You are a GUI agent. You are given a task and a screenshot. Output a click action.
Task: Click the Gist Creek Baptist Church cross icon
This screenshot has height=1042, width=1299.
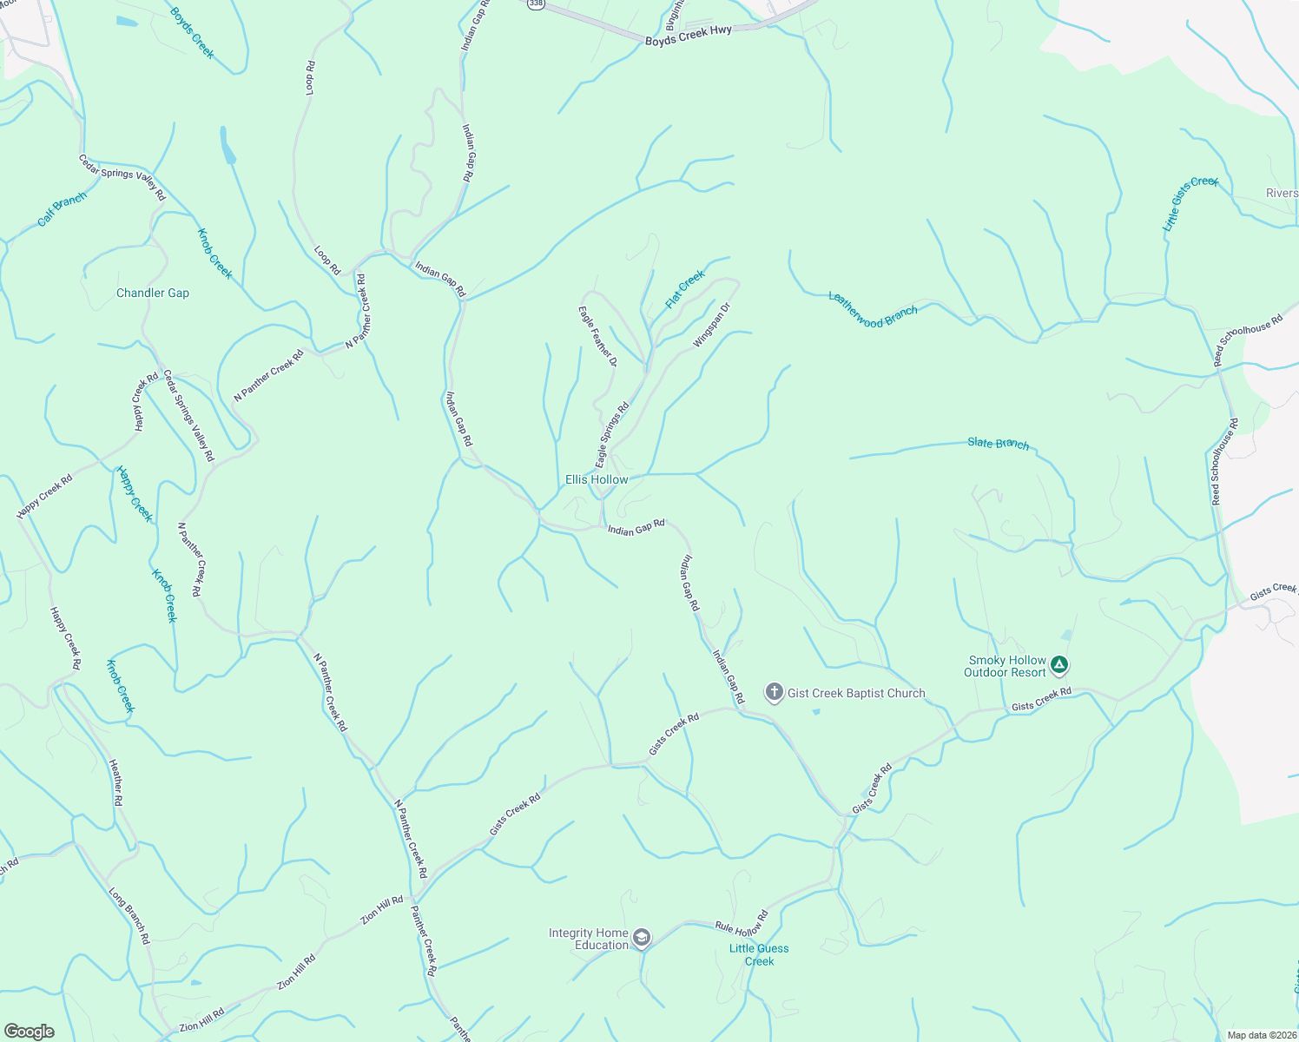pos(774,692)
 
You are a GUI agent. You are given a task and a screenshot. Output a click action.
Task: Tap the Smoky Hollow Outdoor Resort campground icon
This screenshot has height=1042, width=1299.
pos(1058,666)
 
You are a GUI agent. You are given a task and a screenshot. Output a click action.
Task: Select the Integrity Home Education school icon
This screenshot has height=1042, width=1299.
pos(641,938)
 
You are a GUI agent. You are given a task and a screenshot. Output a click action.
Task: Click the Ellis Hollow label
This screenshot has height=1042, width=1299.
pos(597,479)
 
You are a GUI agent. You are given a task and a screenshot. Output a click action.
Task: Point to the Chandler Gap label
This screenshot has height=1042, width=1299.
pos(153,293)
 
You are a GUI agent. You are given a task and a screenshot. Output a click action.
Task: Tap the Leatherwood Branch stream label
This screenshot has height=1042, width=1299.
pos(873,310)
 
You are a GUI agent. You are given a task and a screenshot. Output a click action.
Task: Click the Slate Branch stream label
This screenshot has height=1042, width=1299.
pos(999,444)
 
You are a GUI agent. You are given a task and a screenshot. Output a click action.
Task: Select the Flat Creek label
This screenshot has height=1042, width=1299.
pos(685,289)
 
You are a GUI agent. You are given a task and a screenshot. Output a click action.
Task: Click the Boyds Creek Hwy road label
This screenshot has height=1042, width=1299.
pos(689,36)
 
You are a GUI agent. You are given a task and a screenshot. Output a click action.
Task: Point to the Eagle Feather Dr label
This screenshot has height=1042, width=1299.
pos(597,336)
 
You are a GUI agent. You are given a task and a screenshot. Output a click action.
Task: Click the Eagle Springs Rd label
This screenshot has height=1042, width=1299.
pos(611,435)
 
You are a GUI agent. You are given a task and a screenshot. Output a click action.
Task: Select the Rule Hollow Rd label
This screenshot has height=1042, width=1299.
pos(742,921)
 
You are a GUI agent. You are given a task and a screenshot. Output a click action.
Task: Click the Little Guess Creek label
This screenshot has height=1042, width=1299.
pos(759,954)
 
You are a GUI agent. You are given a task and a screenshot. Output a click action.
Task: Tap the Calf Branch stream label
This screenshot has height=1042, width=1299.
pos(63,209)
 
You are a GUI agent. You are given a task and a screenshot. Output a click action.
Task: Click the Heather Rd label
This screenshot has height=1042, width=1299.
pos(115,782)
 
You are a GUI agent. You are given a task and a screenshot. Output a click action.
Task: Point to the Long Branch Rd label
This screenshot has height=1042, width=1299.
pos(129,915)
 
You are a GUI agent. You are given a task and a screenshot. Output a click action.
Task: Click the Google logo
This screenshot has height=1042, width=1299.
pos(30,1031)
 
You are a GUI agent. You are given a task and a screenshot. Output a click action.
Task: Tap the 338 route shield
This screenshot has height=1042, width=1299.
pos(536,4)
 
